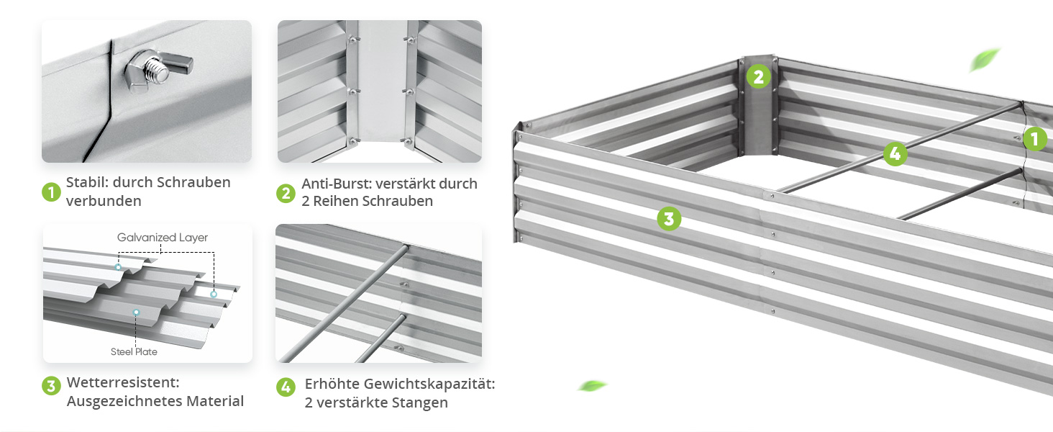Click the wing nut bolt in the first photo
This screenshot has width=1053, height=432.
coord(158,71)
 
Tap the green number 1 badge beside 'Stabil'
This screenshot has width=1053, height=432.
coord(51,192)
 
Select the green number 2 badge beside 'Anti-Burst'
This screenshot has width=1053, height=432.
coord(286,193)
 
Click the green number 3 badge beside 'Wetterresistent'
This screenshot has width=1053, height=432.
coord(51,386)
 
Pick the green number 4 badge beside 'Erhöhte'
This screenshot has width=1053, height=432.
coord(286,387)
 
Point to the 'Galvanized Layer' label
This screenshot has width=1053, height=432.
coord(162,237)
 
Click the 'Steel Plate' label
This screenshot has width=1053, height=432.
coord(134,351)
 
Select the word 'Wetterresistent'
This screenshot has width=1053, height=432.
coord(123,382)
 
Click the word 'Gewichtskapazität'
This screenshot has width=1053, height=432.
coord(429,384)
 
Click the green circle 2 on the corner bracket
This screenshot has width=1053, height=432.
coord(758,77)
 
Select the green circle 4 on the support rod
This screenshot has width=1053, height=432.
coord(895,153)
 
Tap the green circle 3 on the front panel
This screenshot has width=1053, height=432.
coord(669,218)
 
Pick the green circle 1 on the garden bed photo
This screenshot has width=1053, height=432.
coord(1035,139)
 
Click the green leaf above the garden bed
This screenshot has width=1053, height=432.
coord(984,60)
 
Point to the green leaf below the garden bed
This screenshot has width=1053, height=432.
coord(593,386)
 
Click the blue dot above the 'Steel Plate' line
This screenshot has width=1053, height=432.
coord(136,312)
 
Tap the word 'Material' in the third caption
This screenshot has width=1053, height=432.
coord(215,401)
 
